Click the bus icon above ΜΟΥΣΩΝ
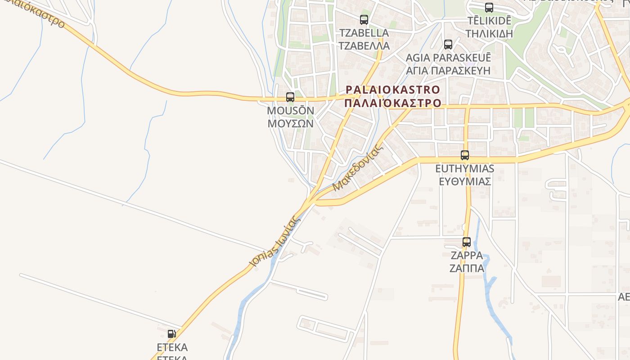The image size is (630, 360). click(x=290, y=97)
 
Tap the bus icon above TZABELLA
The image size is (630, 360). click(x=364, y=20)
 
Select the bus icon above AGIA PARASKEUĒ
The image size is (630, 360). click(x=448, y=44)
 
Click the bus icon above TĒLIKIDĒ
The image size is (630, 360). click(x=489, y=7)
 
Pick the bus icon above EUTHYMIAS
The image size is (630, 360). click(x=465, y=155)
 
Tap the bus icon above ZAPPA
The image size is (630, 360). click(x=467, y=242)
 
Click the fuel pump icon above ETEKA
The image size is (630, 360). click(x=171, y=333)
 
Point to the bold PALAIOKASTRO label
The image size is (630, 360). click(x=392, y=89)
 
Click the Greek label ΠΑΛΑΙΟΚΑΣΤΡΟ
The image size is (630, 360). click(x=392, y=103)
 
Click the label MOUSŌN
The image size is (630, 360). click(x=290, y=111)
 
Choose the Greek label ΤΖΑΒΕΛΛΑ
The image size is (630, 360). click(x=364, y=46)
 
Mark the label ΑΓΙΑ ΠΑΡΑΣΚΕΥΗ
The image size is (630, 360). click(x=448, y=71)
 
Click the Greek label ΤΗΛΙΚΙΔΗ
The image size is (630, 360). click(x=489, y=34)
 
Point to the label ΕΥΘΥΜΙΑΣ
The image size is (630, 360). click(x=465, y=182)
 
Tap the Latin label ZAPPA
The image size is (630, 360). click(x=467, y=256)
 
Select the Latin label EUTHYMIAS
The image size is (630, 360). click(x=465, y=169)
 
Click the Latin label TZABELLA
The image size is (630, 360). click(x=364, y=33)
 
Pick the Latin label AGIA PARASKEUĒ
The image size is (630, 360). click(x=448, y=58)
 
